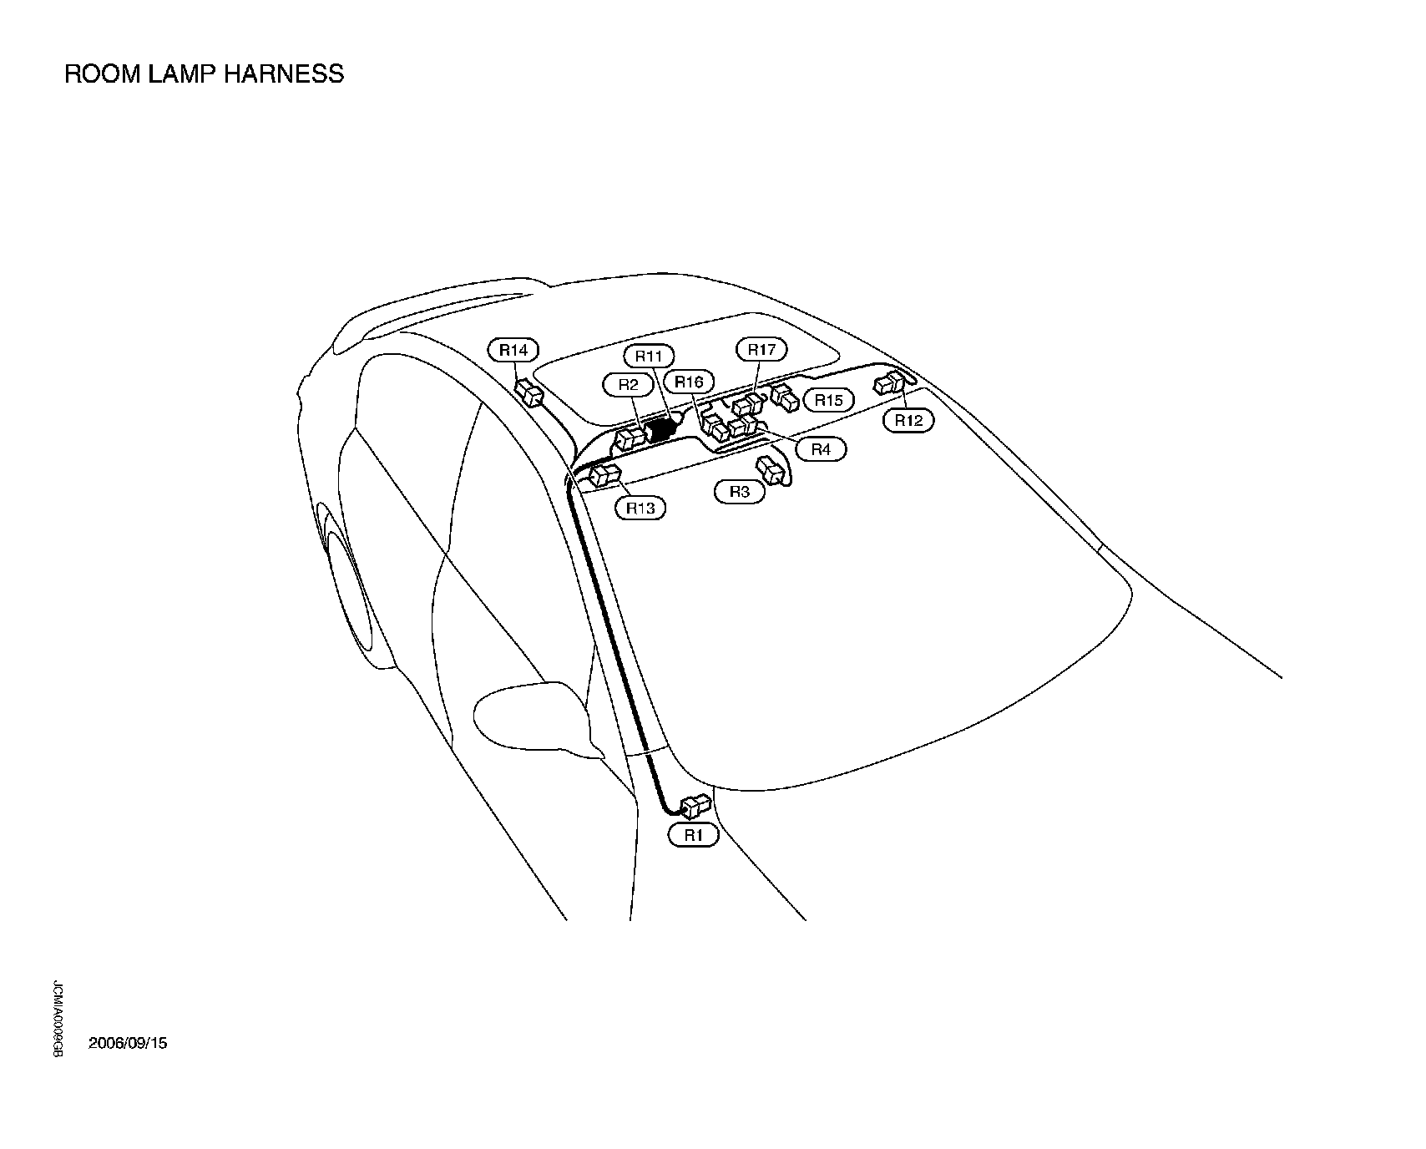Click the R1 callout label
693,834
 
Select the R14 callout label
513,350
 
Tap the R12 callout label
908,420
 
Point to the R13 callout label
641,507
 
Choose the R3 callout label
740,492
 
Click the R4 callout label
821,449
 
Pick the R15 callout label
829,400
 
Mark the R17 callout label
761,350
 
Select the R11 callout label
649,357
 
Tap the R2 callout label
628,384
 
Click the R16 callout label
690,382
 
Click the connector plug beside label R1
695,807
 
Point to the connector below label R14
529,391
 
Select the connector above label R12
887,384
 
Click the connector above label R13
604,477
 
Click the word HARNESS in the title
284,74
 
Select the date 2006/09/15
128,1043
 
